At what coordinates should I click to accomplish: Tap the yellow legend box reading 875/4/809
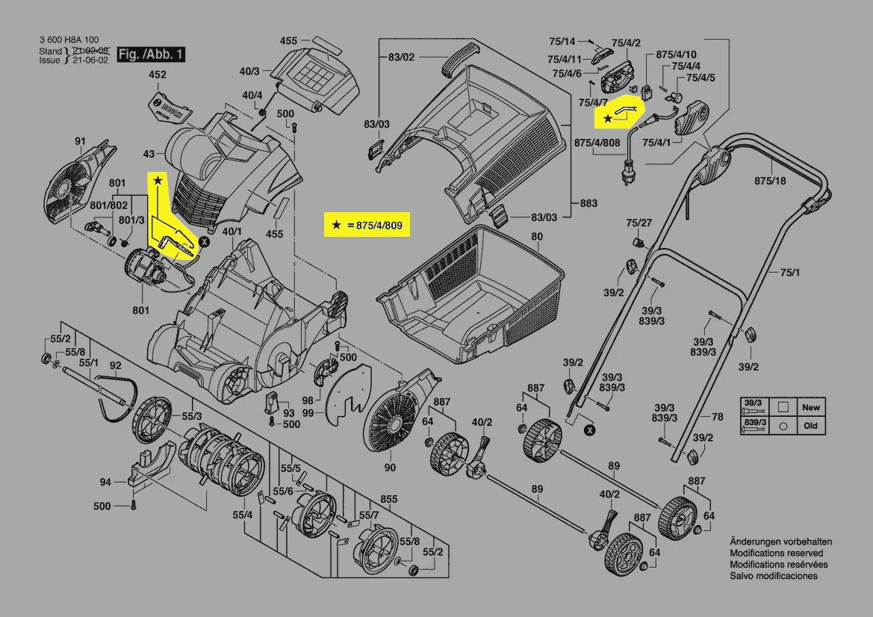[x=367, y=224]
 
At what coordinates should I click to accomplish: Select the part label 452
[x=157, y=75]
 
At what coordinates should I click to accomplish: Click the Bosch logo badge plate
[x=166, y=108]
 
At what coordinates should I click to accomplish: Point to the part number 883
[x=588, y=202]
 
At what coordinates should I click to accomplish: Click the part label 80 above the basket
[x=536, y=238]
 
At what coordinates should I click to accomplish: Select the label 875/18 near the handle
[x=770, y=181]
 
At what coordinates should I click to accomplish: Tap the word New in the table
[x=810, y=408]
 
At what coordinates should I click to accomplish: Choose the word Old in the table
[x=810, y=426]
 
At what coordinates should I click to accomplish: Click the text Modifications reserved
[x=776, y=553]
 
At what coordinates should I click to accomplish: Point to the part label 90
[x=390, y=468]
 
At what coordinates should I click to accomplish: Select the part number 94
[x=105, y=483]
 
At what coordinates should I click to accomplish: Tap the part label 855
[x=388, y=498]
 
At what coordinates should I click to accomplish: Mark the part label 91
[x=80, y=140]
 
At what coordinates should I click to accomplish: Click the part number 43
[x=149, y=154]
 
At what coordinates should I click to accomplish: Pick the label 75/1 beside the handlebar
[x=790, y=273]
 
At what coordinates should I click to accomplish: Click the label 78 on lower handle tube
[x=717, y=417]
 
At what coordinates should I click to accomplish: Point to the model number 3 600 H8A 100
[x=68, y=40]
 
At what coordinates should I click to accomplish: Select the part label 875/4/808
[x=597, y=142]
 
